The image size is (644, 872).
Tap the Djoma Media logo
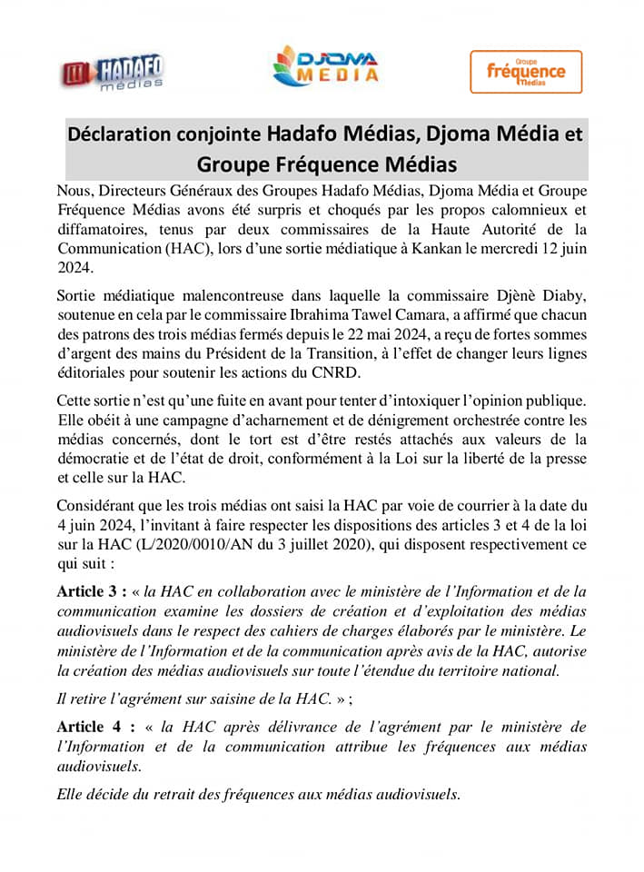point(326,67)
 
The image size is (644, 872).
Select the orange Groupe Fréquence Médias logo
point(526,72)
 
